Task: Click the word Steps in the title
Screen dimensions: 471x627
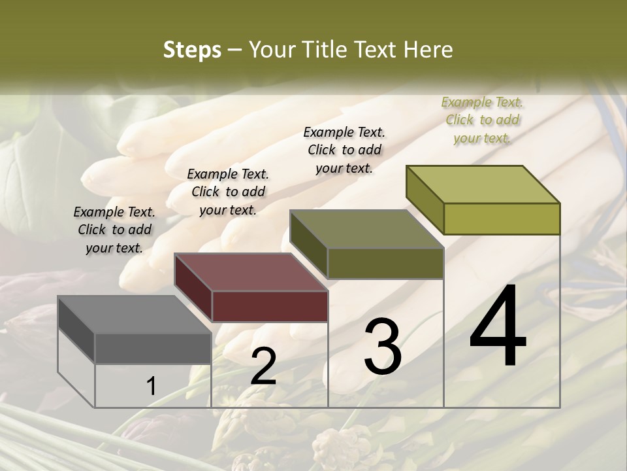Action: tap(192, 50)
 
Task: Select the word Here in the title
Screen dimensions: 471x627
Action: tap(428, 50)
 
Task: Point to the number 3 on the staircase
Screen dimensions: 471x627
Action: tap(383, 347)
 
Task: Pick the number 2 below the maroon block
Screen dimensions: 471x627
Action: tap(263, 366)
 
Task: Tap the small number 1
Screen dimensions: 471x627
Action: tap(152, 386)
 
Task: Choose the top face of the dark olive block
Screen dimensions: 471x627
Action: tap(366, 229)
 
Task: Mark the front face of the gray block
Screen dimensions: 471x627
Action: tap(153, 348)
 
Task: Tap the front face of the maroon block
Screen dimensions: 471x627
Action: tap(270, 306)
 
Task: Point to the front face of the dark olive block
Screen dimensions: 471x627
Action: tap(385, 264)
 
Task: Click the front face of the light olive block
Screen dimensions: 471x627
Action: tap(502, 218)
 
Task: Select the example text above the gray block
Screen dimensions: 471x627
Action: tap(114, 230)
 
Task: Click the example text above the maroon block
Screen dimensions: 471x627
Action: tap(228, 192)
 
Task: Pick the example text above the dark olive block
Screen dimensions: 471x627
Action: tap(344, 150)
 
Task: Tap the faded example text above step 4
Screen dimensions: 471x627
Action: tap(482, 120)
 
